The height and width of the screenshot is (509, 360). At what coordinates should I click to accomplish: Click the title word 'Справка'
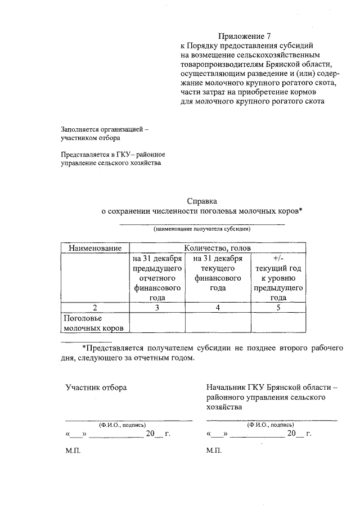pyautogui.click(x=202, y=201)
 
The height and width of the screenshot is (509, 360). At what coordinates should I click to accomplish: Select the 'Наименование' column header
pyautogui.click(x=95, y=248)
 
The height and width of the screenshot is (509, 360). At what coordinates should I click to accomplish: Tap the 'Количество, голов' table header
pyautogui.click(x=218, y=248)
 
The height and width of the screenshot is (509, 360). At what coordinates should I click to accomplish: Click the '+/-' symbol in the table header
pyautogui.click(x=278, y=259)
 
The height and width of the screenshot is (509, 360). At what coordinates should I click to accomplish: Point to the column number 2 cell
pyautogui.click(x=95, y=307)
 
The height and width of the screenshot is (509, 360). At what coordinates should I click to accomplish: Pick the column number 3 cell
pyautogui.click(x=157, y=307)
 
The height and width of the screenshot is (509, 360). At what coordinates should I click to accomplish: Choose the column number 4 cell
pyautogui.click(x=218, y=307)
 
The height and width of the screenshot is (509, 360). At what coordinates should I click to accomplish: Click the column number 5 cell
pyautogui.click(x=278, y=307)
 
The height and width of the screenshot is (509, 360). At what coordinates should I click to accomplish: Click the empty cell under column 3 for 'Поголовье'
pyautogui.click(x=157, y=323)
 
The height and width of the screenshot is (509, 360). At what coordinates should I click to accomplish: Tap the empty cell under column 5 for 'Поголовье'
pyautogui.click(x=278, y=323)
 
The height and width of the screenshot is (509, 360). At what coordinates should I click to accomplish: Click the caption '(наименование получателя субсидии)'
pyautogui.click(x=202, y=229)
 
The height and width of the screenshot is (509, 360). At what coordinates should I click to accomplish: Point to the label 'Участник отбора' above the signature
pyautogui.click(x=96, y=388)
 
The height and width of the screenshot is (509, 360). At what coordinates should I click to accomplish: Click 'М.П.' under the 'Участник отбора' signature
pyautogui.click(x=73, y=451)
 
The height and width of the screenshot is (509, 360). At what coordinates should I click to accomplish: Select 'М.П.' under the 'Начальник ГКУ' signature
pyautogui.click(x=214, y=451)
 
